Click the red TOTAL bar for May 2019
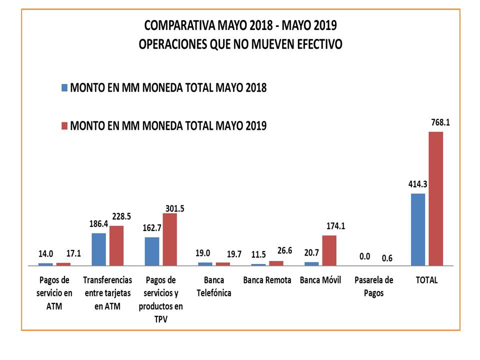[436, 198]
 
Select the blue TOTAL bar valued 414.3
[418, 229]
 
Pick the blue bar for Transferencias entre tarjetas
[99, 249]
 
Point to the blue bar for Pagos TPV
[152, 251]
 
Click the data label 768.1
[440, 121]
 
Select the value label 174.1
[335, 226]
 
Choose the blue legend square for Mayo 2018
[64, 88]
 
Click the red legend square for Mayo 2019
[64, 125]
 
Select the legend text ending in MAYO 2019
[168, 125]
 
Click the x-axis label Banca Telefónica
[214, 286]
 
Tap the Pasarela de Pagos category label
[373, 286]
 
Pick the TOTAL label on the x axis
[426, 280]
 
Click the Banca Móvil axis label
[320, 280]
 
